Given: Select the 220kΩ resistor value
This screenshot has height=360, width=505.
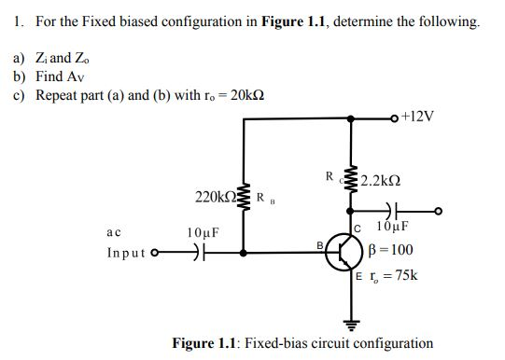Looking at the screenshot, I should pos(215,197).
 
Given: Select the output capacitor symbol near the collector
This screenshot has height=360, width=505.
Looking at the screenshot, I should pos(385,211).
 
